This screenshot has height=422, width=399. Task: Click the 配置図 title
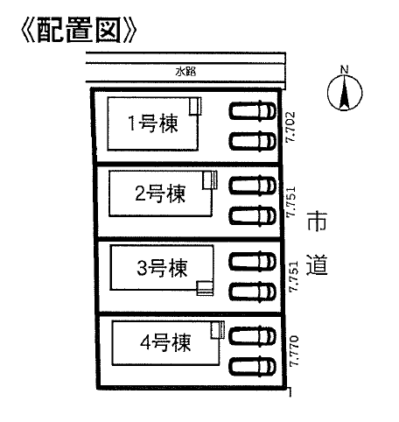point(79,31)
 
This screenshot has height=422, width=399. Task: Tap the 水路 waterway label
point(185,72)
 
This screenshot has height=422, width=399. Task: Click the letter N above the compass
point(345,70)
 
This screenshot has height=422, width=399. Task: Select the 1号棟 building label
point(153,123)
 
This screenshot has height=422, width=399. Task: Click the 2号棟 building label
point(160,193)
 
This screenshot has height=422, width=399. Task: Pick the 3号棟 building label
point(162,268)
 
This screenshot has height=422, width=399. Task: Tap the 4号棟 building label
point(165,342)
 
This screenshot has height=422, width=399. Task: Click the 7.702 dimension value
point(290,127)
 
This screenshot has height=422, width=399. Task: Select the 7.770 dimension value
point(294,351)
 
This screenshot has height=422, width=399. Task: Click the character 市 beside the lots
point(317,222)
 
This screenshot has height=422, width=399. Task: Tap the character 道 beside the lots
point(317,265)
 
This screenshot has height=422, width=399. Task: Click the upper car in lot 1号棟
point(252,110)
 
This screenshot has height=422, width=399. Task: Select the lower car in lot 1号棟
point(252,141)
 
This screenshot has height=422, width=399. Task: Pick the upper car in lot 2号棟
point(252,185)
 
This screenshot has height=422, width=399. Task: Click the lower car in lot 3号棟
point(252,292)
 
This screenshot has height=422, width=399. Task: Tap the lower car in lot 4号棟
point(252,367)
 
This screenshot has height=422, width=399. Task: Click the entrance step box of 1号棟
point(195,106)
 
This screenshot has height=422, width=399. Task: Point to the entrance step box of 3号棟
point(205,288)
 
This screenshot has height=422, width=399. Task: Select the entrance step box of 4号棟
point(218,330)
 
